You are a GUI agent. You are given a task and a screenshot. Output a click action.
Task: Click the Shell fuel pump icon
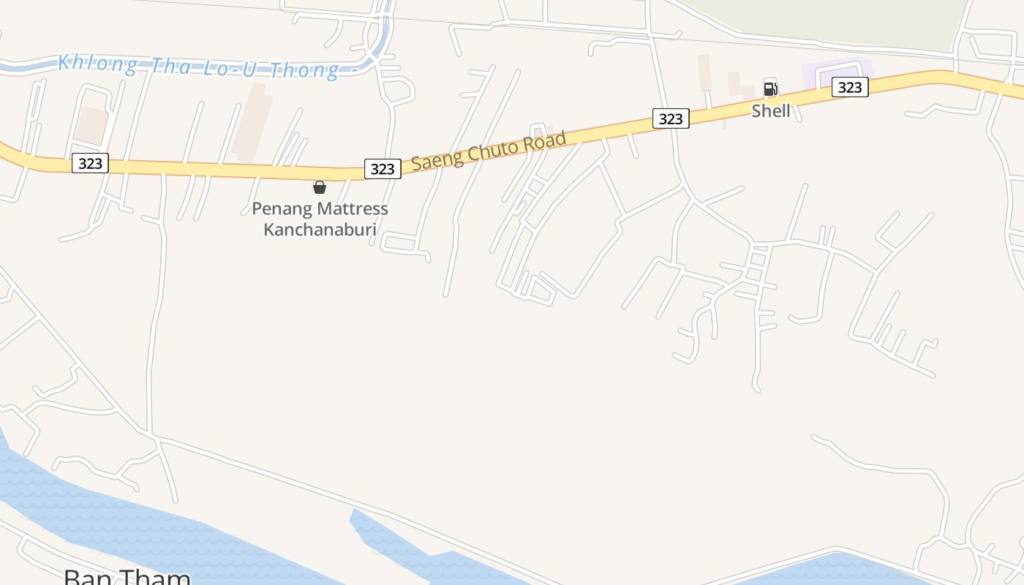tap(770, 89)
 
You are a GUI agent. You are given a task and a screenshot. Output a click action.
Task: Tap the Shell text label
tap(771, 110)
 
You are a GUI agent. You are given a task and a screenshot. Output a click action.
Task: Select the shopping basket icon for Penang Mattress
tap(320, 187)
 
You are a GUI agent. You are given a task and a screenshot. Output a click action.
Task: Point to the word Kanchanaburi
tap(320, 230)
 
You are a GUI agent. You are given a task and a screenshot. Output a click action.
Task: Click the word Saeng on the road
tap(435, 159)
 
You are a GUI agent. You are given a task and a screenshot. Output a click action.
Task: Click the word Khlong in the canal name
tap(97, 64)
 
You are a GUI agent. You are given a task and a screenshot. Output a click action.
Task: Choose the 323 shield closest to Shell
tap(849, 88)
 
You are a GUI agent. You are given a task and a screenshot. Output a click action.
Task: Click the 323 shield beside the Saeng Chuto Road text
tap(383, 169)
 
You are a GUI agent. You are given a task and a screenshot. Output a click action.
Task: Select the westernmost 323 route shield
tap(90, 163)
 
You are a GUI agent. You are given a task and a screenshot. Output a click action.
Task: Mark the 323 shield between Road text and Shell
tap(671, 118)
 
